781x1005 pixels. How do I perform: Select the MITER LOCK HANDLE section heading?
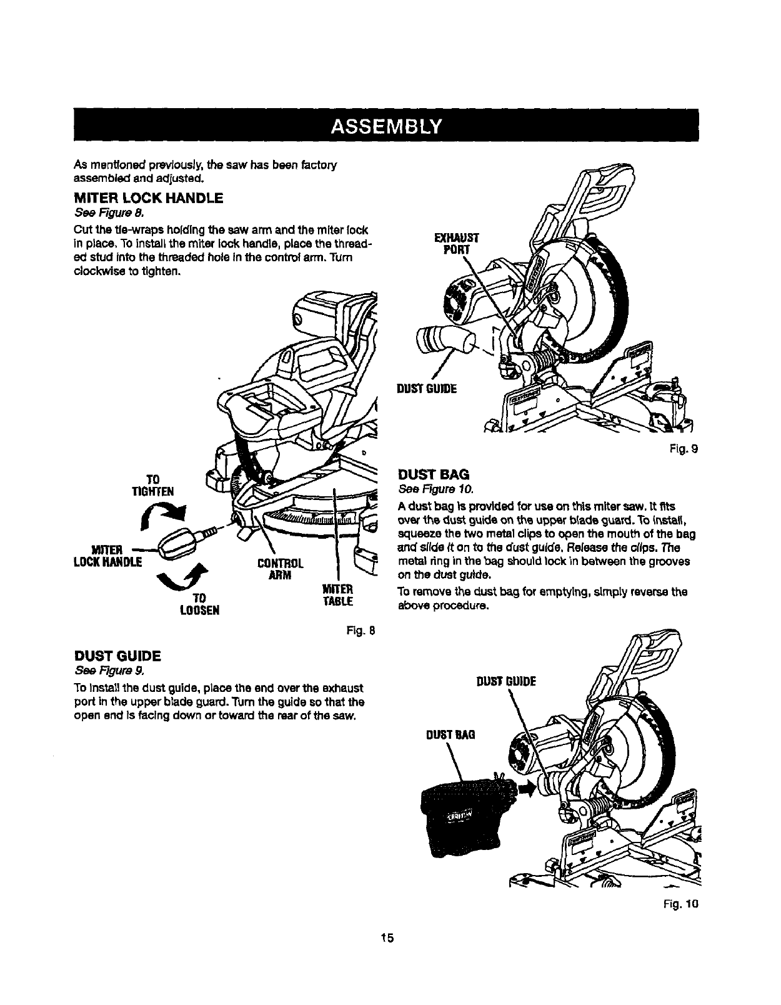coord(148,199)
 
